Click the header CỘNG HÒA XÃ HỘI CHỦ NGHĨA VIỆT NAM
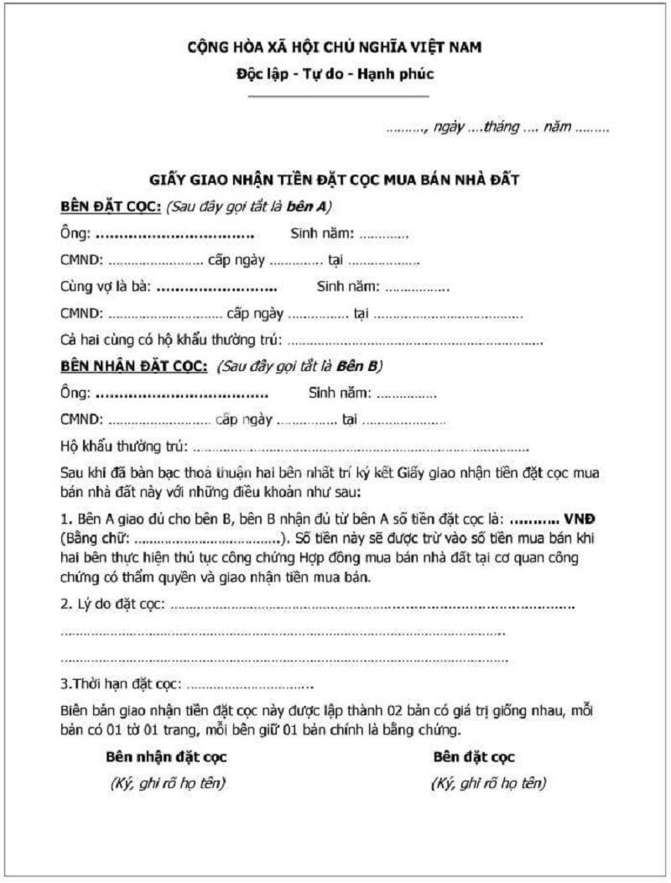335,47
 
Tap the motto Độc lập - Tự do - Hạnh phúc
335,74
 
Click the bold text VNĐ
583,518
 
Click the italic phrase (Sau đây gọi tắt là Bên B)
299,366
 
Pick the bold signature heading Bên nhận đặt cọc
166,757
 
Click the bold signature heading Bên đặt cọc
474,757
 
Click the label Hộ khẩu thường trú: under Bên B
124,446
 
